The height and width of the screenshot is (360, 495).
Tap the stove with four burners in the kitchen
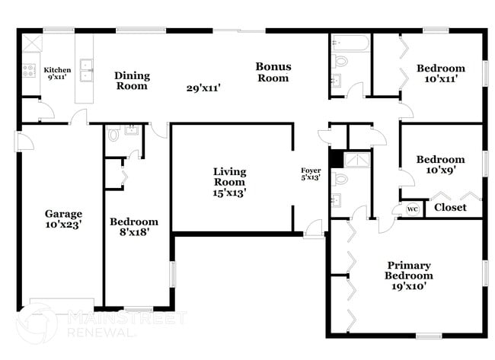(30, 70)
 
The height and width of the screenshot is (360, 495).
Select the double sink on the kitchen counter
(88, 69)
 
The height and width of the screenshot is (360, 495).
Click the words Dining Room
(132, 81)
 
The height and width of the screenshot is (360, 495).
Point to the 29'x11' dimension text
(203, 88)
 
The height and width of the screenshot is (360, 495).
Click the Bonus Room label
(272, 72)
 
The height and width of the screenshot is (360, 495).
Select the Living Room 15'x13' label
(228, 182)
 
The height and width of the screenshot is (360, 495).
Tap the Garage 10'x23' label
(62, 219)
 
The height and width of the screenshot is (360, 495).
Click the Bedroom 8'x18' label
(133, 227)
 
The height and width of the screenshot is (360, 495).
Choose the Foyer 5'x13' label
(311, 174)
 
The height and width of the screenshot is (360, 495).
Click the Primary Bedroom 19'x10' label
(408, 276)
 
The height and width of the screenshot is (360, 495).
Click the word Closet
(450, 207)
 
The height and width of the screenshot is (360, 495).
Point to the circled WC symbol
(412, 209)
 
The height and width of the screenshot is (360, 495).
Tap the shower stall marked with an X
(356, 159)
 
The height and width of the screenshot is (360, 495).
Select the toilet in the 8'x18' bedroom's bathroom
(114, 134)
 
